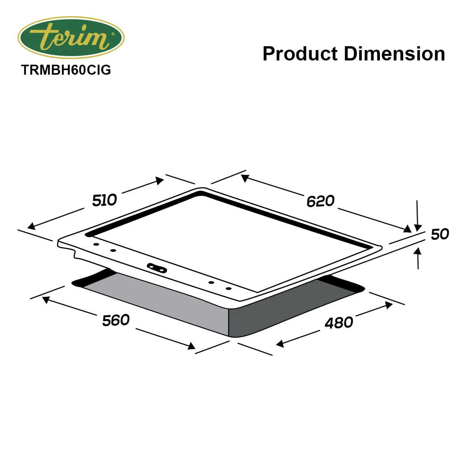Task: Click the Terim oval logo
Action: click(x=71, y=37)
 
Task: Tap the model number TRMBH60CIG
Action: click(x=66, y=70)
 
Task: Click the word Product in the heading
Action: click(x=300, y=54)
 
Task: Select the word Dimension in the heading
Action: click(x=394, y=54)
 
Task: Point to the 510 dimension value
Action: click(x=104, y=200)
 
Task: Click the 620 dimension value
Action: click(x=320, y=201)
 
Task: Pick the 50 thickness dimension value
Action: click(x=440, y=234)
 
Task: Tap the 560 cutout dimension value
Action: click(x=116, y=320)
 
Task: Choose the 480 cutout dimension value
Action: click(x=339, y=323)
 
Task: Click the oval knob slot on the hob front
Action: click(x=157, y=268)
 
